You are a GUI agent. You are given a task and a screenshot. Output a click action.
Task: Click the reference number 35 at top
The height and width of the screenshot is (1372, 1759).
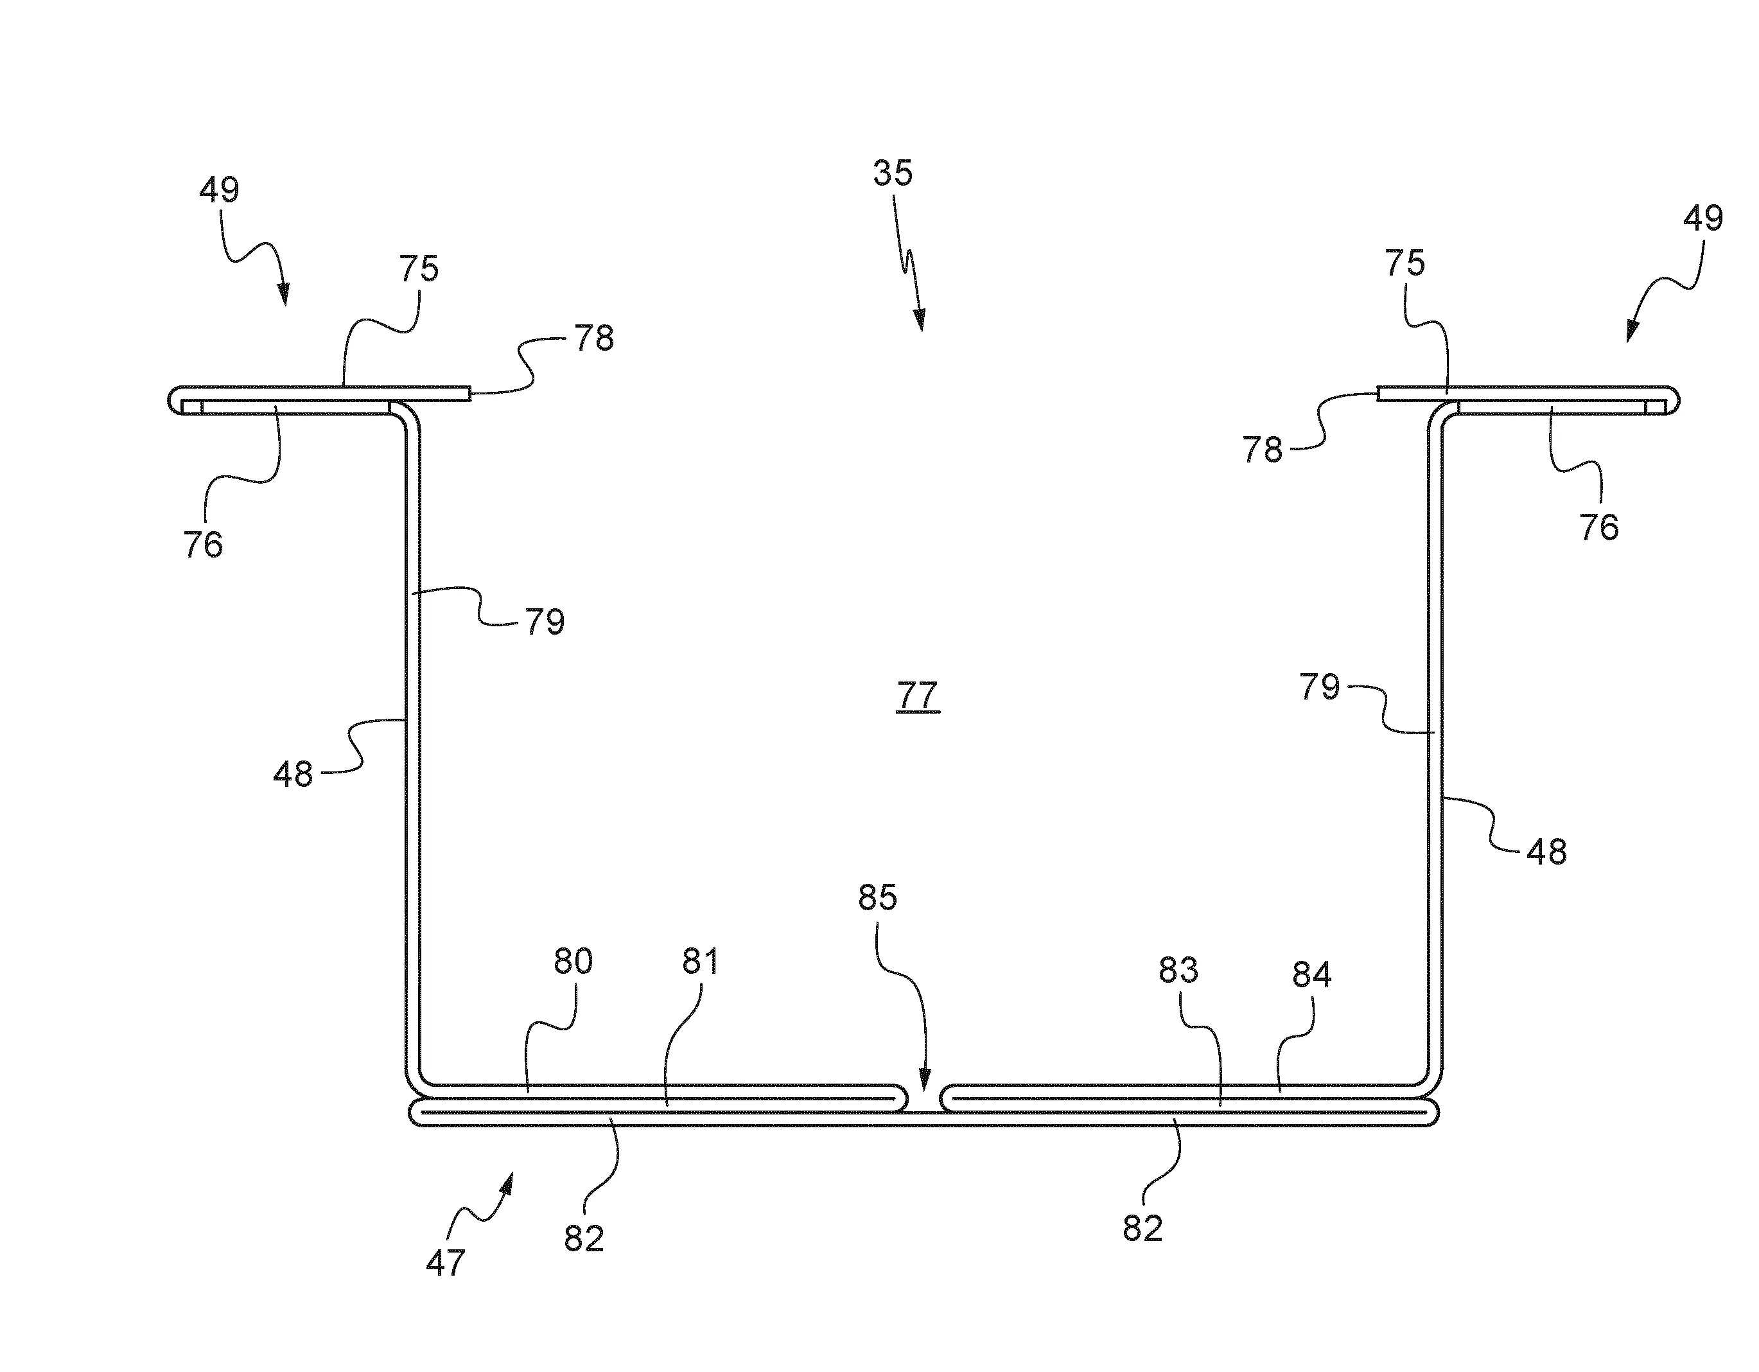click(893, 173)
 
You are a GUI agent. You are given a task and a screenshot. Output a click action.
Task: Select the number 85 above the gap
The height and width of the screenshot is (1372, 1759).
click(877, 897)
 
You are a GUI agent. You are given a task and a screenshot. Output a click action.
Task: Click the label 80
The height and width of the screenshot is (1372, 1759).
click(573, 961)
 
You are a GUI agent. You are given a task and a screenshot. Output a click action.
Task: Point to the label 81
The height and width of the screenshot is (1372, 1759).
click(700, 961)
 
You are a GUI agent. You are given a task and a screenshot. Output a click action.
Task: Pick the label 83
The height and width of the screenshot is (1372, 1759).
click(1178, 970)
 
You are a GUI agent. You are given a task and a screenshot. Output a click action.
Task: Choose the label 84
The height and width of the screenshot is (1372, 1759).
click(1312, 976)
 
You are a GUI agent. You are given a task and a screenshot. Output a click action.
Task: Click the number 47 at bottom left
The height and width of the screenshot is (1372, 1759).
click(446, 1262)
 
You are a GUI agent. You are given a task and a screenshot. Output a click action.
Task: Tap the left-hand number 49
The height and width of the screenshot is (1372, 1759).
click(219, 190)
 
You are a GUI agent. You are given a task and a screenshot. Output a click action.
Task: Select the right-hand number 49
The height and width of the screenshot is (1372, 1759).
click(1703, 218)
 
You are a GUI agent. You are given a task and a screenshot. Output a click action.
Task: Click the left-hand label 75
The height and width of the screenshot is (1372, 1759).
click(419, 269)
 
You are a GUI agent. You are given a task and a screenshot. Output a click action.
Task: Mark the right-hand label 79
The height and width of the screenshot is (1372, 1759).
click(1319, 687)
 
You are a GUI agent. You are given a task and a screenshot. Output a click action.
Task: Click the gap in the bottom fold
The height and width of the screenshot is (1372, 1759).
click(925, 1100)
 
